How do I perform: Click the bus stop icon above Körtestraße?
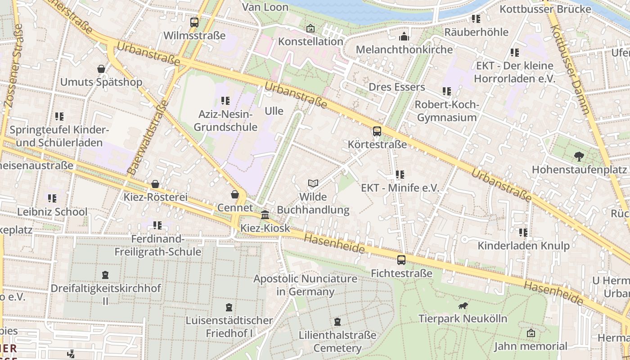tap(377, 131)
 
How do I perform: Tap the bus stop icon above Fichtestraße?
tap(401, 260)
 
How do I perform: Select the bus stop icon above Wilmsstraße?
tap(194, 22)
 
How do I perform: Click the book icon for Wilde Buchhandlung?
tap(313, 183)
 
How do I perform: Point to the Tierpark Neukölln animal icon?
tap(463, 306)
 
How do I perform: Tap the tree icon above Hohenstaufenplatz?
tap(579, 157)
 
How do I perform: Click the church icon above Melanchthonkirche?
tap(404, 36)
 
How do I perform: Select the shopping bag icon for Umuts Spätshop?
tap(101, 69)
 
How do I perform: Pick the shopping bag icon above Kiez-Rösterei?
tap(155, 184)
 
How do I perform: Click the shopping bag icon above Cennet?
tap(235, 194)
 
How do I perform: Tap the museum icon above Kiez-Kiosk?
tap(265, 215)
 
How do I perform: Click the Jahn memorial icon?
tap(531, 333)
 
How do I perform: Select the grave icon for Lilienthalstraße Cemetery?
tap(337, 322)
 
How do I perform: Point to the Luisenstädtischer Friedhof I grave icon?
tap(229, 307)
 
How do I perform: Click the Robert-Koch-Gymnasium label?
tap(446, 111)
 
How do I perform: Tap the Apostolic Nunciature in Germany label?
tap(306, 285)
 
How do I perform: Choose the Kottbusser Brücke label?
tap(545, 9)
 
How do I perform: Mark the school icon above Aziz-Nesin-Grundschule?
tap(225, 101)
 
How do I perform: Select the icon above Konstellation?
tap(310, 28)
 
